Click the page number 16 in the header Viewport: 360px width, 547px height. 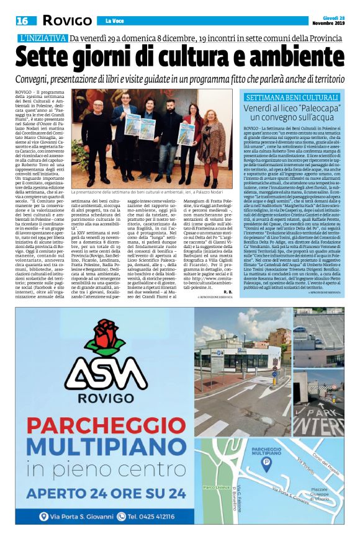click(x=22, y=20)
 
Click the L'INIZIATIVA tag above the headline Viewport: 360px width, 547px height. click(x=41, y=38)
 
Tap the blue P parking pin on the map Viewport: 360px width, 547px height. click(x=266, y=461)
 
